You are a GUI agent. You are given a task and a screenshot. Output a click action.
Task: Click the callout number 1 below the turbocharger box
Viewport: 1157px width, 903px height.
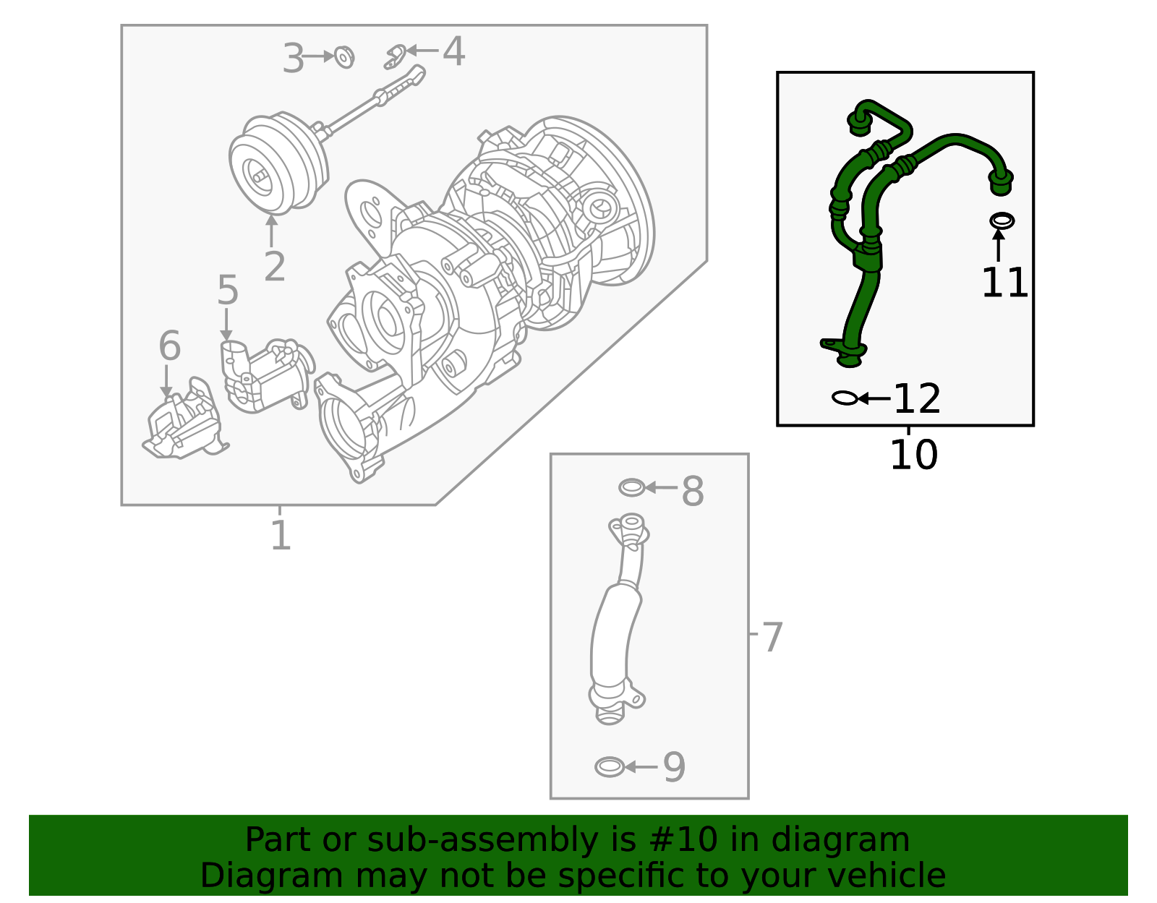[281, 536]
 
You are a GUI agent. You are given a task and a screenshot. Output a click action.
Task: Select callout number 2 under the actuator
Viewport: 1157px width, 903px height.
[274, 268]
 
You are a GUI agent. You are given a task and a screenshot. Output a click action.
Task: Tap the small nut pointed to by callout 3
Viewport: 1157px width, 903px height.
[345, 56]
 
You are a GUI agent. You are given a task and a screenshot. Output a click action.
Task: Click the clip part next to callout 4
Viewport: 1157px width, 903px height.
[395, 57]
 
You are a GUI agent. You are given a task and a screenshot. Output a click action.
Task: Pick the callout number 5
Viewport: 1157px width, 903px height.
[228, 291]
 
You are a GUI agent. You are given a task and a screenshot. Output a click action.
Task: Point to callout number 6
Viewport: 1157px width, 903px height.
[169, 346]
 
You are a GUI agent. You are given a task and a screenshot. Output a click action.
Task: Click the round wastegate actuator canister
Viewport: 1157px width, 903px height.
[277, 163]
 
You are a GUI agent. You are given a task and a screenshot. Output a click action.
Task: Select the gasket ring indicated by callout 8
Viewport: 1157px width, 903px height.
[631, 488]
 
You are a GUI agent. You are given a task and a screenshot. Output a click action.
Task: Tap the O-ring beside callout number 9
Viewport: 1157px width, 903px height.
[609, 767]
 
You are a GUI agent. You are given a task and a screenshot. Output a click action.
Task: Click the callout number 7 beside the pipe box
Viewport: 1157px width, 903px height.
[772, 638]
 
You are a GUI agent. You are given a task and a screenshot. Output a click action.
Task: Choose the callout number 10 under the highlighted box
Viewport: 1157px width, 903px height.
[913, 455]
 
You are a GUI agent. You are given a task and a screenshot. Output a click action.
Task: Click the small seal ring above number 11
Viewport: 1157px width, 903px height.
[1002, 221]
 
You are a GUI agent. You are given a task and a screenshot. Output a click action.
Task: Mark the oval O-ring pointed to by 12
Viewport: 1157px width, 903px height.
[845, 398]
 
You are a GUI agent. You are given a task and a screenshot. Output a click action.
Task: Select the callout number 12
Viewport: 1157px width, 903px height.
[917, 399]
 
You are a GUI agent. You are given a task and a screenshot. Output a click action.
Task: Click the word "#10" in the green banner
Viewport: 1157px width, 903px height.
[678, 840]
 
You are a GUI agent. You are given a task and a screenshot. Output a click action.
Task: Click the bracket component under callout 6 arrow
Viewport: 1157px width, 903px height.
[183, 427]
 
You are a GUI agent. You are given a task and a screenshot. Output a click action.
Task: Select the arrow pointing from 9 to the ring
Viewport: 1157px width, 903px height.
[641, 767]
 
